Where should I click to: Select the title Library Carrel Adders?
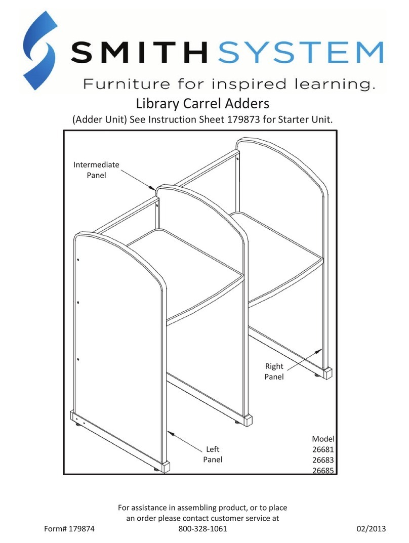point(202,104)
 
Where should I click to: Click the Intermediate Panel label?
point(96,170)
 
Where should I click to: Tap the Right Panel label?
point(274,371)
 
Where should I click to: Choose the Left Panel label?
point(213,454)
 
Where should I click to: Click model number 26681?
point(323,449)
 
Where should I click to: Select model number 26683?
point(323,460)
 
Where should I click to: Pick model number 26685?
point(323,470)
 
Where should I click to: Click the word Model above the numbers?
point(323,439)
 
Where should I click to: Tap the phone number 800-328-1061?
point(202,529)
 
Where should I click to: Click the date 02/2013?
point(371,529)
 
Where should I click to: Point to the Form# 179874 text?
point(69,529)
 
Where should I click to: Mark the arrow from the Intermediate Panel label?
point(138,180)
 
